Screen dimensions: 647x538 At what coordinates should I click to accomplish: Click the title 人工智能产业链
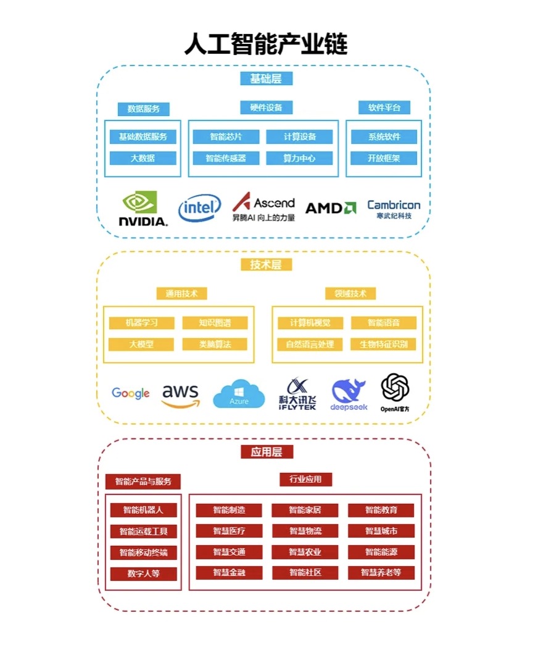tap(266, 44)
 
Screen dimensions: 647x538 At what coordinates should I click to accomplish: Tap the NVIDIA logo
tap(143, 209)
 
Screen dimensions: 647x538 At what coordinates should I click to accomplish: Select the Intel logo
tap(199, 208)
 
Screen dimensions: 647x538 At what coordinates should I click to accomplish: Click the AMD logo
tap(331, 208)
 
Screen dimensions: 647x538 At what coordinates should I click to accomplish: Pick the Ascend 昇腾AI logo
tap(263, 208)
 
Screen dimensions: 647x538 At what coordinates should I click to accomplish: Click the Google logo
tap(131, 393)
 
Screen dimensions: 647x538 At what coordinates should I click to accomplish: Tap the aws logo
tap(180, 396)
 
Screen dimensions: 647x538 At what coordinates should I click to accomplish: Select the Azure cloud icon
tap(239, 394)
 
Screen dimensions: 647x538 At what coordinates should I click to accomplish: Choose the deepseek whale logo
tap(349, 394)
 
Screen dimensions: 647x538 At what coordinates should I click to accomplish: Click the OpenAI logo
tap(395, 393)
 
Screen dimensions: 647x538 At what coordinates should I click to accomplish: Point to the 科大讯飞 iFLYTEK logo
tap(297, 394)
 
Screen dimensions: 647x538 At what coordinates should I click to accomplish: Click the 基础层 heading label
tap(266, 78)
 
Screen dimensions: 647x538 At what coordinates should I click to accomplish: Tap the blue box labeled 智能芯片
tap(226, 137)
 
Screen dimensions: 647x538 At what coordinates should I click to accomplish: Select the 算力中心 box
tap(299, 158)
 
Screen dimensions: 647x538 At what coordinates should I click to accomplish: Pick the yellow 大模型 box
tap(141, 344)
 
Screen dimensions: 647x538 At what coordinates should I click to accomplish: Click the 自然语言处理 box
tap(310, 344)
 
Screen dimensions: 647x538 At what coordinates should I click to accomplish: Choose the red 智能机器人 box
tap(143, 510)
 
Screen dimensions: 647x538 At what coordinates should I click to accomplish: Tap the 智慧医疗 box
tap(229, 531)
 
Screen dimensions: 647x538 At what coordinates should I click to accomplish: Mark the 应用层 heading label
tap(267, 452)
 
